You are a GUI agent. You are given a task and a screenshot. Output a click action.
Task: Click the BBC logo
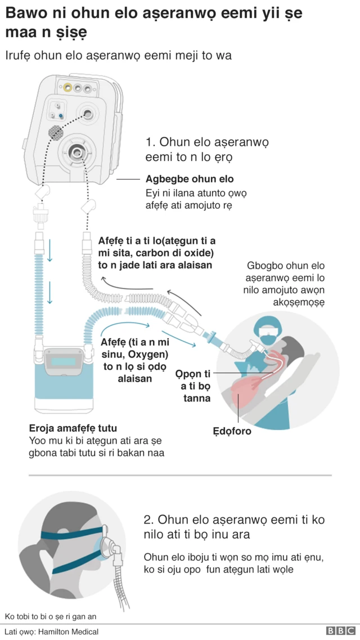(340, 632)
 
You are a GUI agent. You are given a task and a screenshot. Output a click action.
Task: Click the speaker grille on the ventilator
(55, 132)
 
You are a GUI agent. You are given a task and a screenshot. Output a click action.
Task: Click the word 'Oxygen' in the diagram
(147, 354)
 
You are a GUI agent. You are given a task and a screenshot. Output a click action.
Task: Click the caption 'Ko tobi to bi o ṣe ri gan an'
(51, 616)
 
